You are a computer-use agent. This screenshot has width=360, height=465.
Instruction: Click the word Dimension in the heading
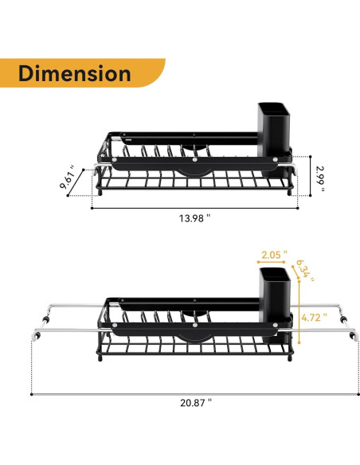[x=74, y=73]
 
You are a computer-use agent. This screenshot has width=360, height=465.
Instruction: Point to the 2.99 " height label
[x=319, y=176]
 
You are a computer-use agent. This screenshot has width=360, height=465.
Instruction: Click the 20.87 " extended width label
[x=196, y=403]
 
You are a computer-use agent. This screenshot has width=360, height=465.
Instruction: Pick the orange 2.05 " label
[x=271, y=256]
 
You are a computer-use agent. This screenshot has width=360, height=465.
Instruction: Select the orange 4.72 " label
[x=313, y=316]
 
